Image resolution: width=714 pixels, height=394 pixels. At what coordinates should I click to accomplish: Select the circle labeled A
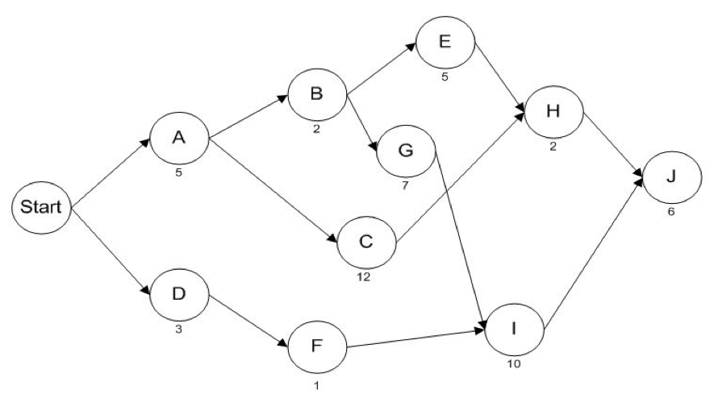[x=178, y=139]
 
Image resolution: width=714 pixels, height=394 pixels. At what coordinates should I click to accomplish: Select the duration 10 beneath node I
[x=513, y=364]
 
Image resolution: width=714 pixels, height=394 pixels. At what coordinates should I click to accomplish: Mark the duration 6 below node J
[x=671, y=214]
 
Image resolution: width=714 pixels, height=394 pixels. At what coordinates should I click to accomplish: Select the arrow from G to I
[x=460, y=238]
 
